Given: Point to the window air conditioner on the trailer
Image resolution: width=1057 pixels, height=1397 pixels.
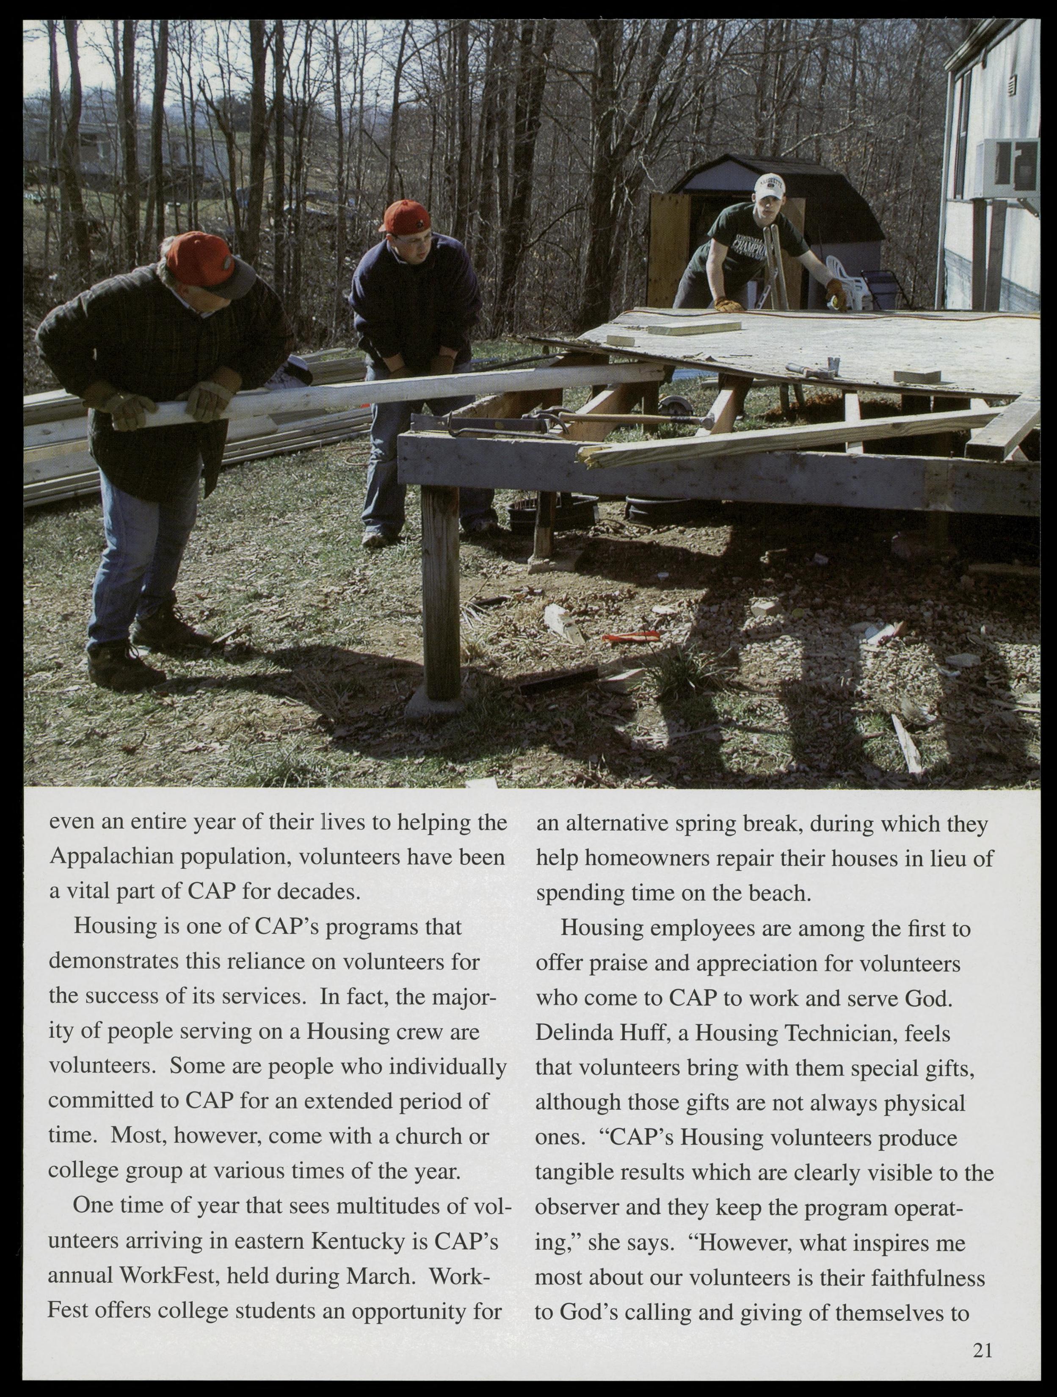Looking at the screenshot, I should (x=1008, y=169).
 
